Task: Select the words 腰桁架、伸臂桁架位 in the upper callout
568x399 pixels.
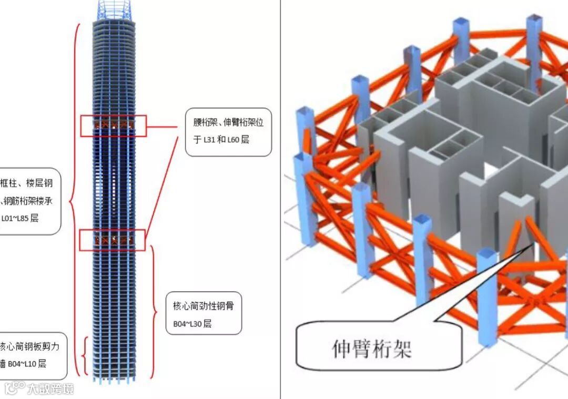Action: [228, 122]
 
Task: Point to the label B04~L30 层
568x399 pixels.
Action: [192, 324]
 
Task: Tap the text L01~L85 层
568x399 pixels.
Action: [20, 218]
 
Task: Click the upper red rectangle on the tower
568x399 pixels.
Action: [113, 126]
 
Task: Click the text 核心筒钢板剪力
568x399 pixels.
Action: [33, 346]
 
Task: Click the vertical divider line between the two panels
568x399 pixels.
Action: [280, 200]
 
